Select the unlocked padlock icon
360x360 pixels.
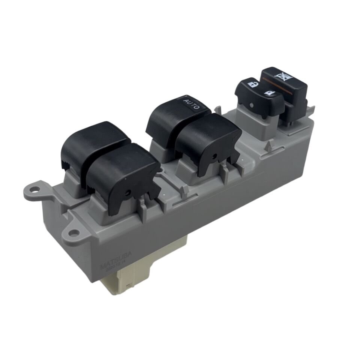point(252,83)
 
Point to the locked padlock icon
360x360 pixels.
point(269,92)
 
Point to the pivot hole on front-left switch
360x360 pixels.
point(128,192)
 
